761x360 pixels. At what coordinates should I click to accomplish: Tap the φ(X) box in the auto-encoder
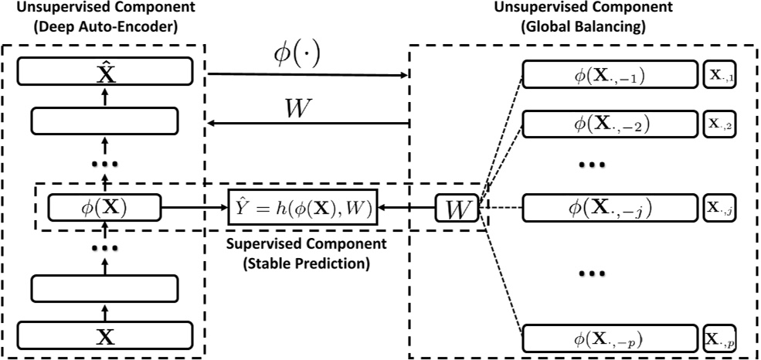(x=104, y=207)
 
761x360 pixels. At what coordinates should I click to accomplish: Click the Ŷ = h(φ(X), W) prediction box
(x=302, y=207)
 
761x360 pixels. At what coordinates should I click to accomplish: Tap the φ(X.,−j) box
(x=610, y=207)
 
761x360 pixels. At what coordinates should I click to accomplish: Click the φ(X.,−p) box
(x=610, y=338)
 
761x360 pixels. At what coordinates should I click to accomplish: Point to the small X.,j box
(x=722, y=207)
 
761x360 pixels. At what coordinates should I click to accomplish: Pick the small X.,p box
(x=722, y=338)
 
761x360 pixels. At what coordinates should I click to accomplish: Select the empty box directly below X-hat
(x=104, y=121)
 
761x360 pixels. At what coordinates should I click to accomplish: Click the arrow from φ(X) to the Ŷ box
(x=193, y=207)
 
